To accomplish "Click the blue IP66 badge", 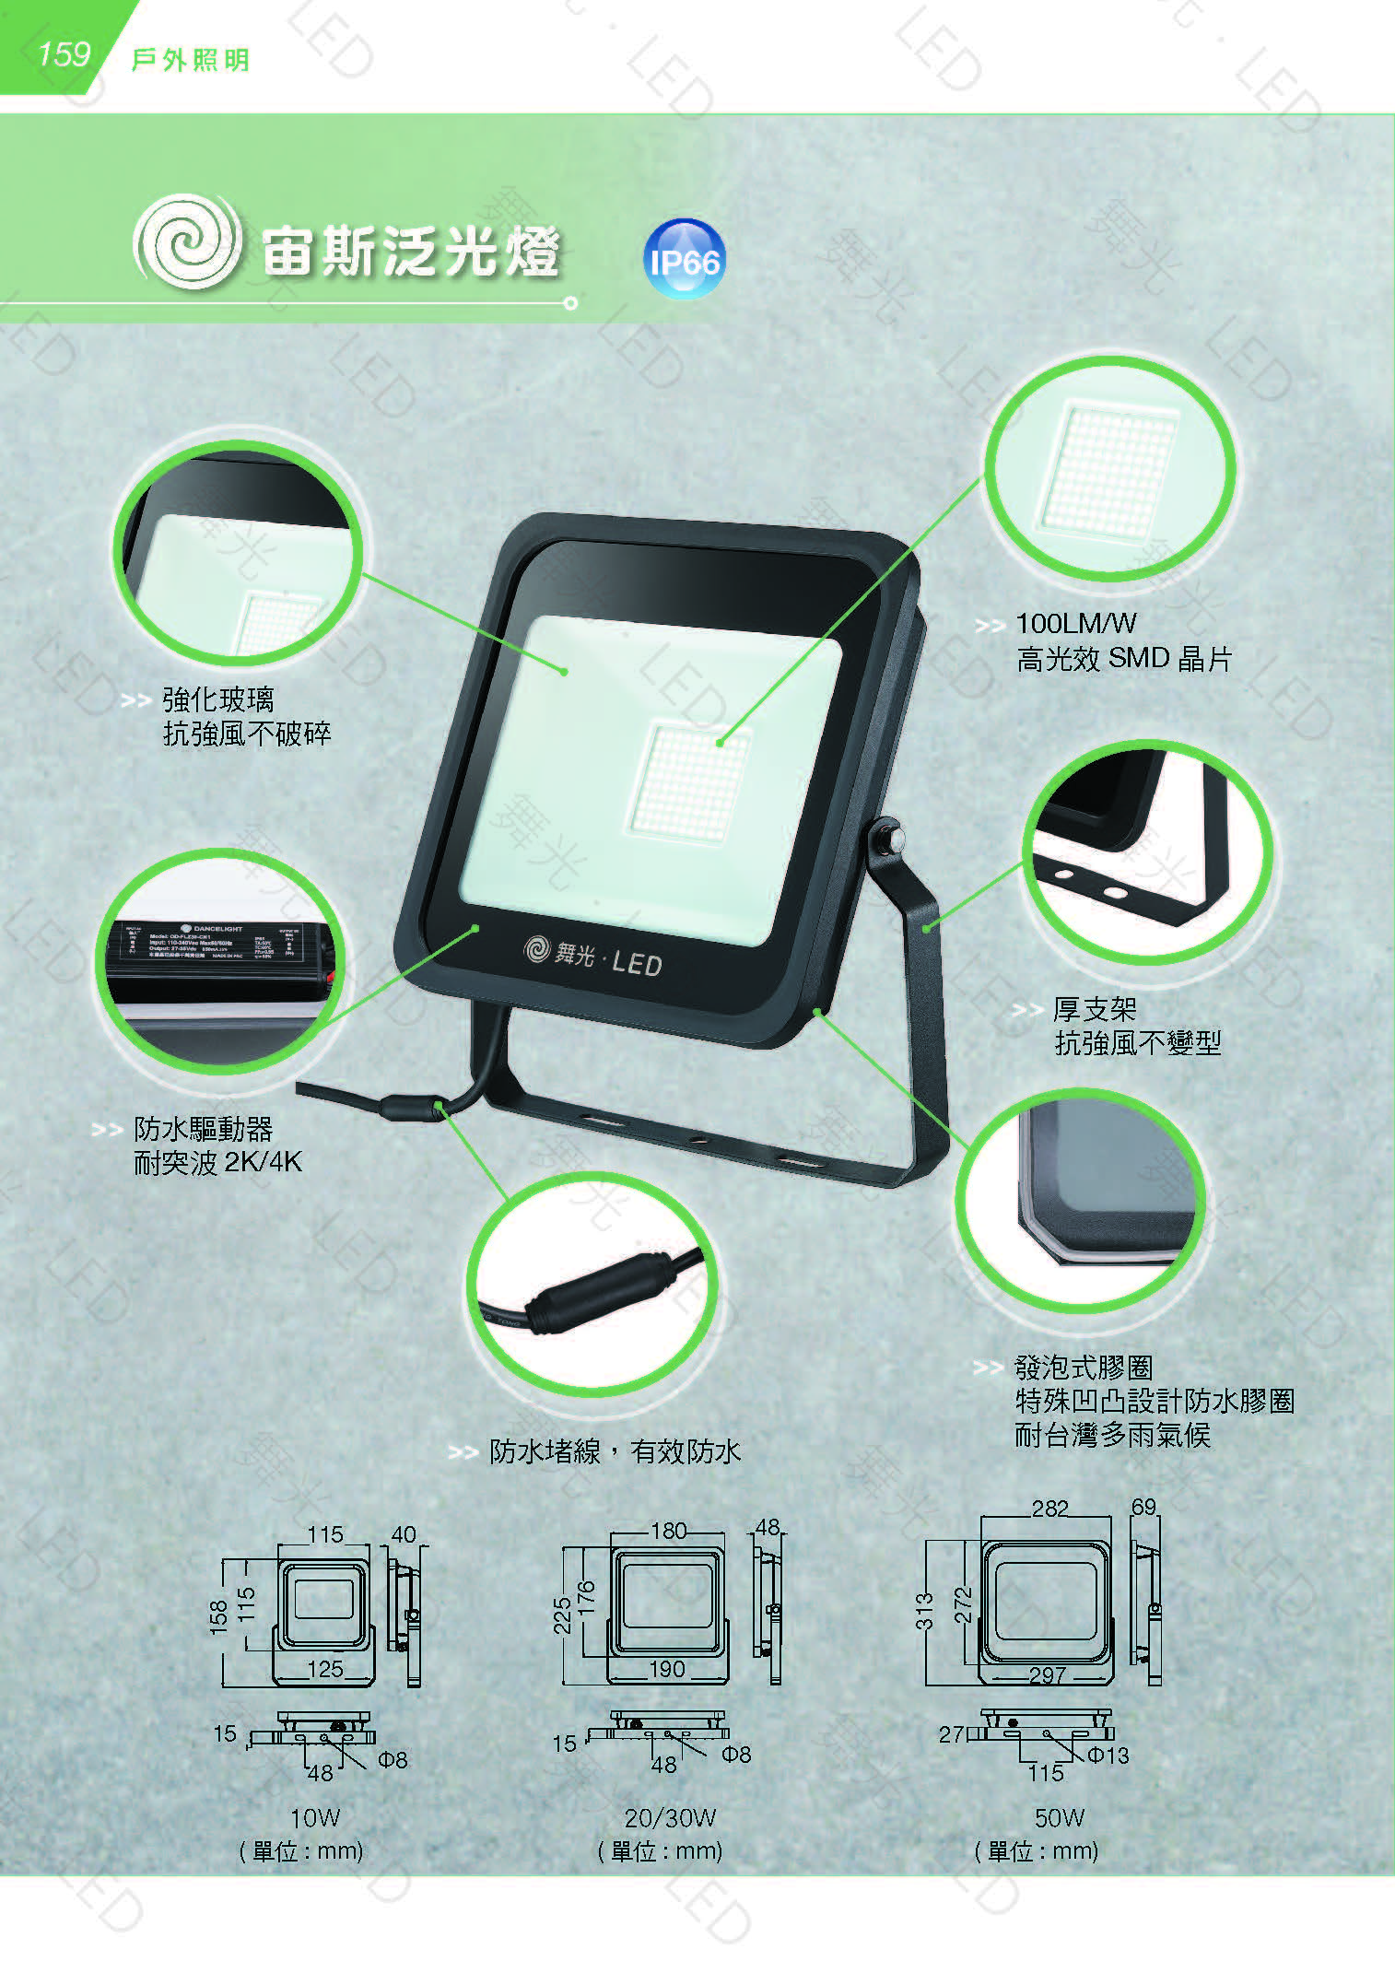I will click(683, 260).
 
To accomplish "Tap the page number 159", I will click(63, 54).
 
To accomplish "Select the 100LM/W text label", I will click(1075, 624).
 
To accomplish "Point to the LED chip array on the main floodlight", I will click(689, 780).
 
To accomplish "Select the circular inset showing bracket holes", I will click(1147, 852).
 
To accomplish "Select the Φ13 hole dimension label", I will click(1108, 1756).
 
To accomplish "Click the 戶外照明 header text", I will click(190, 61).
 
